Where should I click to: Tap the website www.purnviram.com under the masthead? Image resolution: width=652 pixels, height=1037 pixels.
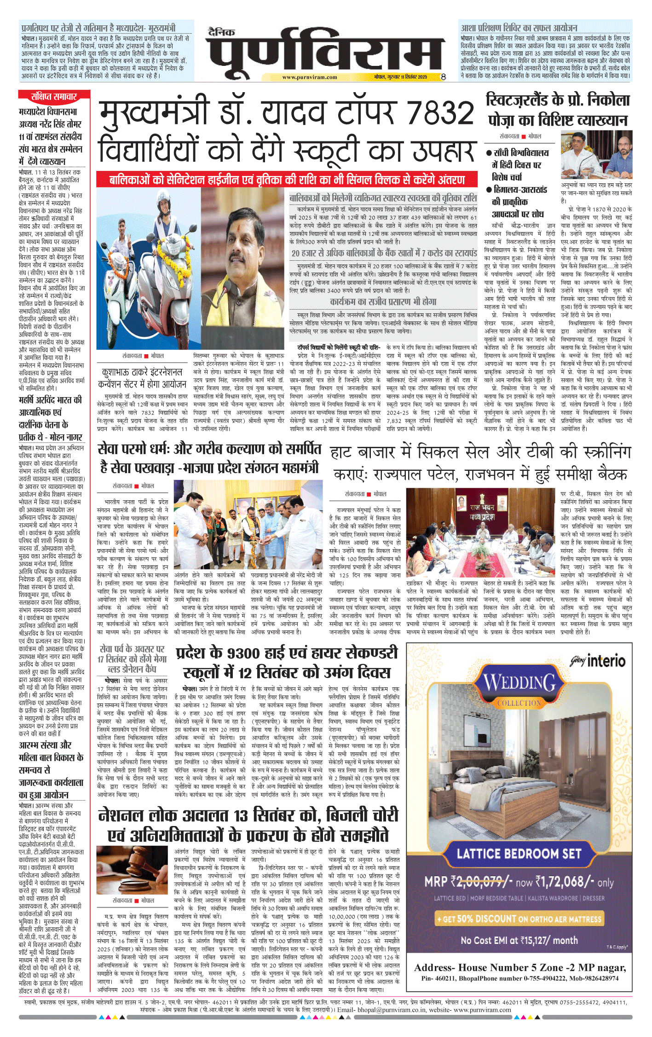[x=309, y=77]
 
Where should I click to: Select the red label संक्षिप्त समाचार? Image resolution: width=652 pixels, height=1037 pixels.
[x=54, y=96]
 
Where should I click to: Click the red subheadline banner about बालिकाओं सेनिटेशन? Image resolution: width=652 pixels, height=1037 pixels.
[x=287, y=180]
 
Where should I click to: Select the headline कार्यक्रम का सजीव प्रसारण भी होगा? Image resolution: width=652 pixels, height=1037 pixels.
[x=383, y=302]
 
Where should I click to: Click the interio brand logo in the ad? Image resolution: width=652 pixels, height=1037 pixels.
[x=598, y=661]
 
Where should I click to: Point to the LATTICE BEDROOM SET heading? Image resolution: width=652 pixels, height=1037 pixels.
[x=519, y=854]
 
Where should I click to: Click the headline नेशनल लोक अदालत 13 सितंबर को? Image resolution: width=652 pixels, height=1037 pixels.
[x=248, y=815]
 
